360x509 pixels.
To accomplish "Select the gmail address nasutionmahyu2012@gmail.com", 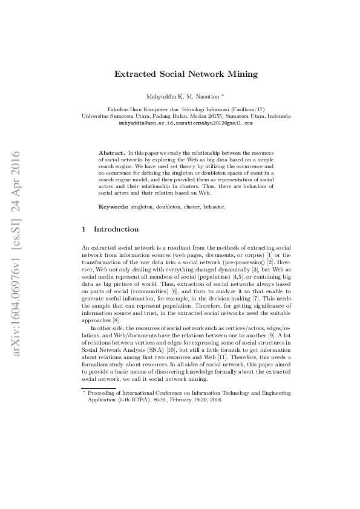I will pos(214,122).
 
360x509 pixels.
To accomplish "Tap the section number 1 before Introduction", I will pos(83,230).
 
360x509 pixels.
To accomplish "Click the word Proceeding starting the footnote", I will pos(103,393).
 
